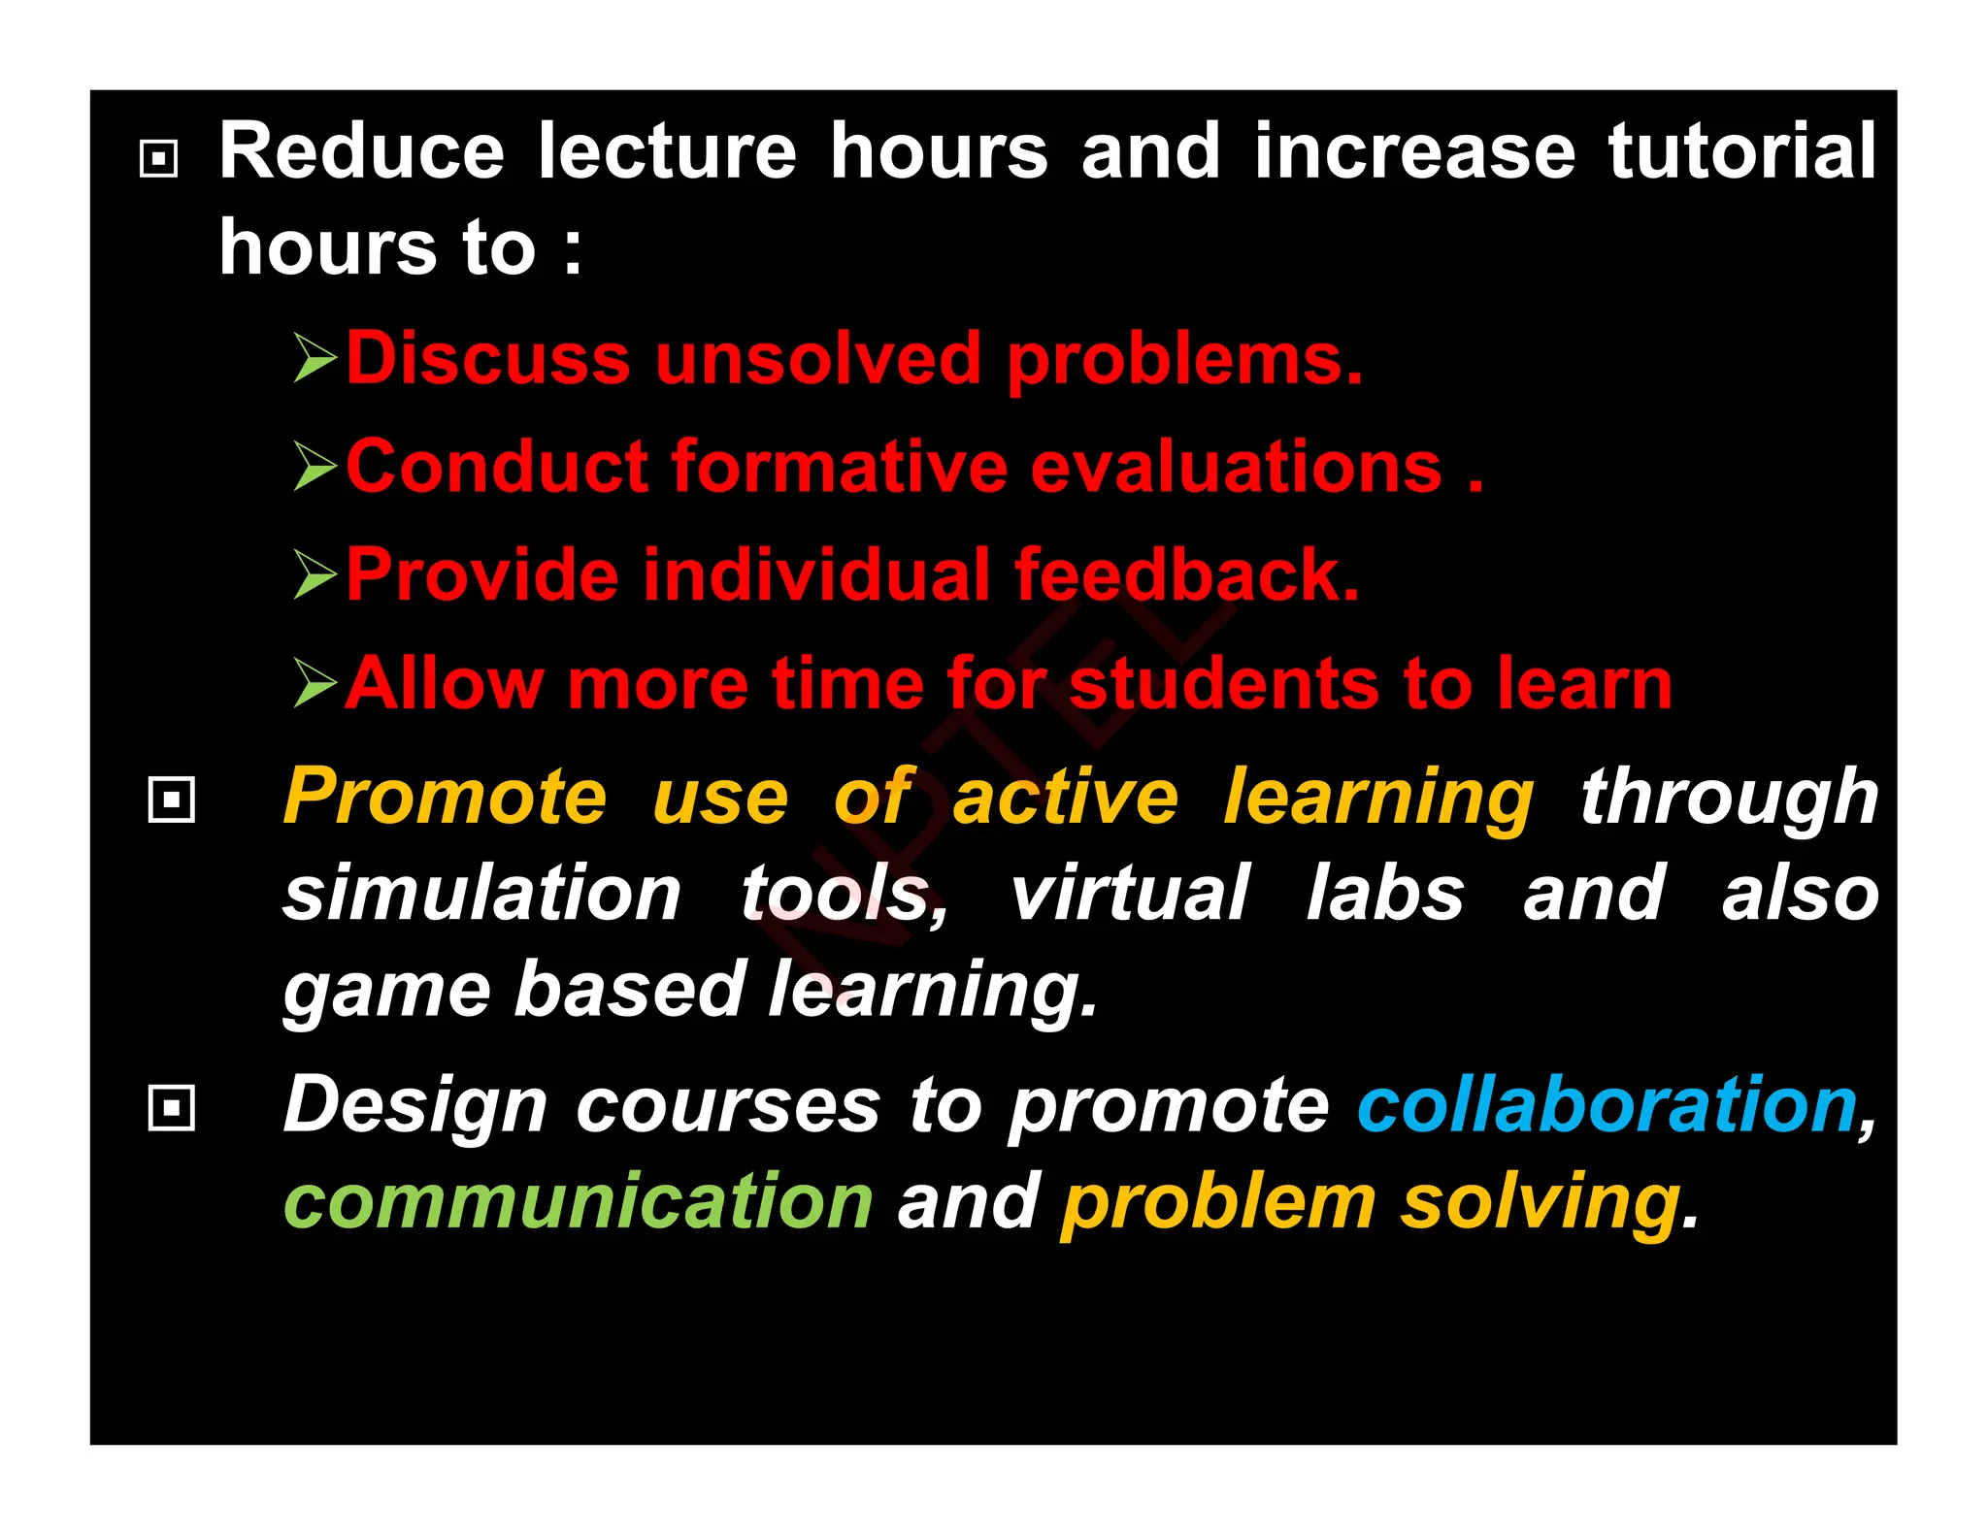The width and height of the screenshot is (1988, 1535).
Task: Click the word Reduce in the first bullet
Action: (361, 151)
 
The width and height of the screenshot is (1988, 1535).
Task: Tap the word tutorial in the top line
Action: (1741, 151)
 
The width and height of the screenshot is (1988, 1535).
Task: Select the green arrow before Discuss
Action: (315, 358)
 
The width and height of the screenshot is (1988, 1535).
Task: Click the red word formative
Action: (840, 467)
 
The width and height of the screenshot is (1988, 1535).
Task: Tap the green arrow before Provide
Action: (315, 574)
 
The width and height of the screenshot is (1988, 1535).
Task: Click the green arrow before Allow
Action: (315, 683)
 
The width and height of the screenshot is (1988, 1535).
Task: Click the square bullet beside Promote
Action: (172, 800)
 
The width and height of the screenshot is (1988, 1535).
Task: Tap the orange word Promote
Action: (445, 798)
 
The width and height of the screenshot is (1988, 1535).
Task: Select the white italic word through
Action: (1729, 798)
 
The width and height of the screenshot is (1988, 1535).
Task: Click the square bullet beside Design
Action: (172, 1107)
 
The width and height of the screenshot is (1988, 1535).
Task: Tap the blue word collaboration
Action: (1607, 1105)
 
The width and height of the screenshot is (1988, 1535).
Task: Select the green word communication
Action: (579, 1201)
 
